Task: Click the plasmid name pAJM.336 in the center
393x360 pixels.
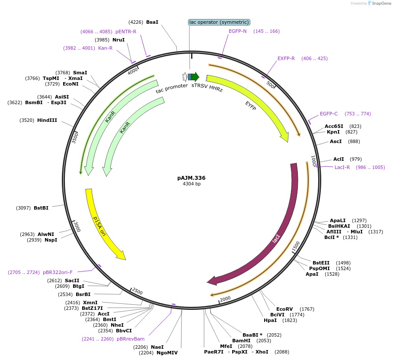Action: (191, 178)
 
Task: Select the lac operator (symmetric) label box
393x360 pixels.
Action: (219, 22)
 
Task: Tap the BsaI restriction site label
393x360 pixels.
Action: (152, 22)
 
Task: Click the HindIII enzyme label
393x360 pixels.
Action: (47, 120)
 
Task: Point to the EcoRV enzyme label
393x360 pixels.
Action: (284, 309)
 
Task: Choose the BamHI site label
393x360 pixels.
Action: (241, 341)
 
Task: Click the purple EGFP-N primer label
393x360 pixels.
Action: (238, 31)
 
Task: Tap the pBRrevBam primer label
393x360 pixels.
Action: (131, 339)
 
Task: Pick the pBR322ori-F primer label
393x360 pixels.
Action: (58, 272)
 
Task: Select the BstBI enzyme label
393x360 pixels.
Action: (41, 208)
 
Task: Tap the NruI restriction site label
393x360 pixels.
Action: (118, 40)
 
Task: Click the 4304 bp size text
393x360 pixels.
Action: (192, 184)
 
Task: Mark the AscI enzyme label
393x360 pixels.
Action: (336, 141)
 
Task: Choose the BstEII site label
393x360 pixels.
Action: (321, 263)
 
